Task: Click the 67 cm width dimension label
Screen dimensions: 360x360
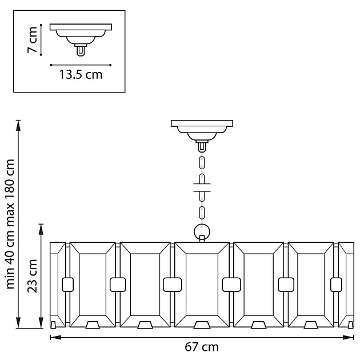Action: pyautogui.click(x=202, y=347)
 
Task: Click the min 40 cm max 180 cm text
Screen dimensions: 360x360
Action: pyautogui.click(x=10, y=224)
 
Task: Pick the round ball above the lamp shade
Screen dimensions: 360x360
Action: pyautogui.click(x=202, y=232)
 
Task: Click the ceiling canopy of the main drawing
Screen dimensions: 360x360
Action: pyautogui.click(x=202, y=127)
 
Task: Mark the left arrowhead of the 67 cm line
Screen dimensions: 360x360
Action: pyautogui.click(x=53, y=337)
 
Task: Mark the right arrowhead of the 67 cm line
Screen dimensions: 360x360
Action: pyautogui.click(x=350, y=337)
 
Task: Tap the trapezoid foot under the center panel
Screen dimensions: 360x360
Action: pyautogui.click(x=202, y=325)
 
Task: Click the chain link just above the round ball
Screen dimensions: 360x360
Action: pyautogui.click(x=202, y=214)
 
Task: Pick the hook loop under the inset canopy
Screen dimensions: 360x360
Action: pyautogui.click(x=81, y=50)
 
